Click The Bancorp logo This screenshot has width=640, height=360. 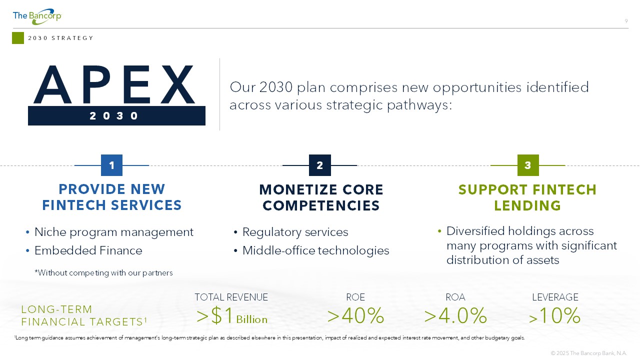[37, 16]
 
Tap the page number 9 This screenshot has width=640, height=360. [626, 21]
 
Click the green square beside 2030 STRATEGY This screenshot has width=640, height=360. [18, 38]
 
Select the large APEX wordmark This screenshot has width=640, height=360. [114, 84]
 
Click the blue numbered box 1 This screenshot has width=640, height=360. [111, 165]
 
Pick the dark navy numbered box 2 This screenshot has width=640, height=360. [320, 165]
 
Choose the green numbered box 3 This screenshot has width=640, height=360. [528, 165]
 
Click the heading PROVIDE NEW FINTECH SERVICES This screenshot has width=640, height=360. [112, 197]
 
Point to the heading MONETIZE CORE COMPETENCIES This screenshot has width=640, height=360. [321, 197]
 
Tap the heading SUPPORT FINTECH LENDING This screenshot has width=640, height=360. [527, 197]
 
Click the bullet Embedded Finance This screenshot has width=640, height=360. [88, 250]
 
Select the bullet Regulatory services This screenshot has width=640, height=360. [295, 232]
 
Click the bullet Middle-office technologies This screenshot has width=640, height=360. [315, 250]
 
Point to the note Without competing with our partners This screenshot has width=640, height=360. [103, 273]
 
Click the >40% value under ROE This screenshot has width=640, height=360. [355, 315]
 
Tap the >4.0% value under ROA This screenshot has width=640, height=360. [455, 315]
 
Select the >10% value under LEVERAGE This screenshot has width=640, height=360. [554, 315]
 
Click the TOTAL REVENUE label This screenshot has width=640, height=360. [231, 297]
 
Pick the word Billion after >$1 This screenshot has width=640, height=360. [251, 319]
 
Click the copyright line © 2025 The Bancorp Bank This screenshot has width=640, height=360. [589, 353]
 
